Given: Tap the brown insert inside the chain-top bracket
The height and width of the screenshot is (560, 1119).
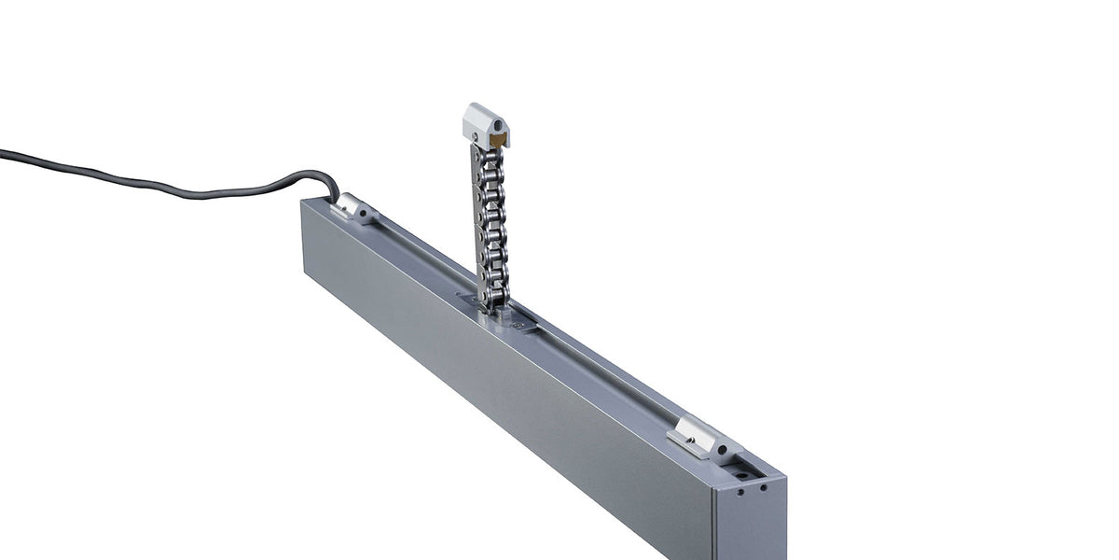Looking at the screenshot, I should point(500,141).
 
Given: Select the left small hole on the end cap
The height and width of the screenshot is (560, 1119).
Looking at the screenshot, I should point(740,492).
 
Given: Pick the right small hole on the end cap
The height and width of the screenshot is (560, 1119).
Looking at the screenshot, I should point(763,487).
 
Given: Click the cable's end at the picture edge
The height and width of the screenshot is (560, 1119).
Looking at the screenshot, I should point(4,152).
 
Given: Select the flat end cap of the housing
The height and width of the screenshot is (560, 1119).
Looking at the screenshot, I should point(751,523).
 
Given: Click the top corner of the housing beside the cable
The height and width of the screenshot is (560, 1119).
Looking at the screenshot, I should point(304,200).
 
